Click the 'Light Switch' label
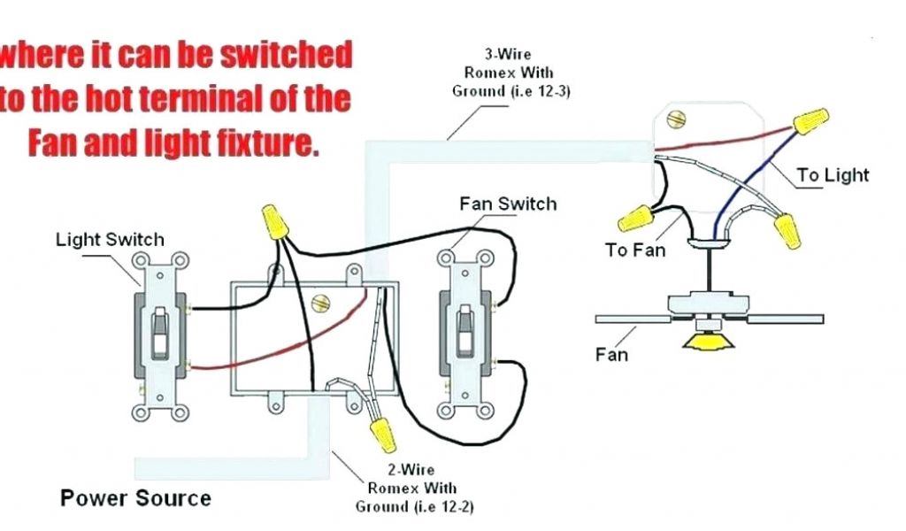[110, 239]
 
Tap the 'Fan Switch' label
[508, 204]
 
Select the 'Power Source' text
[135, 497]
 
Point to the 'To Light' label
[833, 175]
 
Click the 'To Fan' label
[634, 250]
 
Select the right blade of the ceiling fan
[787, 317]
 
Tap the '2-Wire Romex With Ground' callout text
[412, 488]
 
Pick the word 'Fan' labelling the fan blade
[611, 354]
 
